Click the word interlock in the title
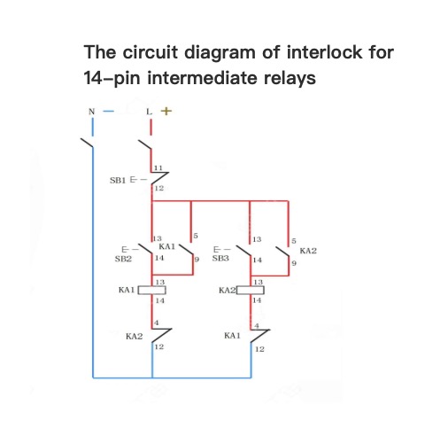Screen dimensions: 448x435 point(324,52)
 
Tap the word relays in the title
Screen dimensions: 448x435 point(290,78)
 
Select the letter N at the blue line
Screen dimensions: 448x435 point(92,112)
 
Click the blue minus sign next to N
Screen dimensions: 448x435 point(108,112)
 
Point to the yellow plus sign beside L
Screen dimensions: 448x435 point(166,111)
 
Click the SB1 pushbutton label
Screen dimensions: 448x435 point(118,180)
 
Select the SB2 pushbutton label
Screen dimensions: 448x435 point(123,259)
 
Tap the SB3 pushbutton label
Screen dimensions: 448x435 point(220,259)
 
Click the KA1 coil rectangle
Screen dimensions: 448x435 point(152,291)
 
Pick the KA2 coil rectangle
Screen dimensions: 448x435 point(251,291)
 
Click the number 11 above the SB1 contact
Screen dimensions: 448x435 point(158,167)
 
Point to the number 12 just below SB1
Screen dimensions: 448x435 point(159,188)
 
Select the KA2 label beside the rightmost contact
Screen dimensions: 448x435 point(308,251)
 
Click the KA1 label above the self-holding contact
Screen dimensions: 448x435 point(167,246)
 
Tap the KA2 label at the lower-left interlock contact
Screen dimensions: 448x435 point(134,337)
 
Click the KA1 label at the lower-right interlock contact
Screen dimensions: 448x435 point(232,336)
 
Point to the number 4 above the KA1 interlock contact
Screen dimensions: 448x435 point(257,326)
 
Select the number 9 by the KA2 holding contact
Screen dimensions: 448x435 point(294,263)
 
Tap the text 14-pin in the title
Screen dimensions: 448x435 point(112,79)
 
